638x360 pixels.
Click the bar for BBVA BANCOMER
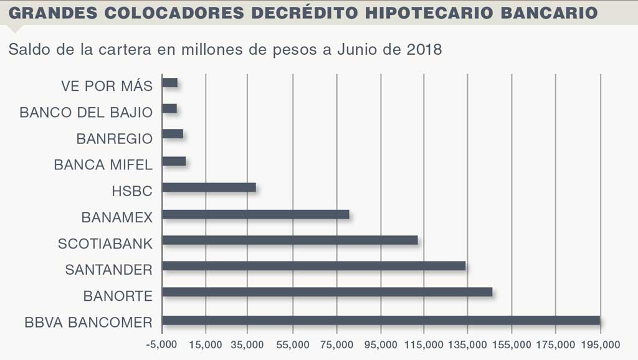click(x=381, y=321)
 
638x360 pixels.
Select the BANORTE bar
click(x=327, y=291)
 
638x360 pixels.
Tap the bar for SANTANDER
click(x=313, y=265)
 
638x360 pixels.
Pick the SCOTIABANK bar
click(x=290, y=240)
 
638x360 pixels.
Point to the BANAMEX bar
click(x=255, y=215)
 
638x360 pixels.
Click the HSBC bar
click(x=209, y=187)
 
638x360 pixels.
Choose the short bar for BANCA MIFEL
click(x=174, y=162)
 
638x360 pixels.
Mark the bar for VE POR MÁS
click(x=169, y=82)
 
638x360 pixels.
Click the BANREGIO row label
click(x=114, y=138)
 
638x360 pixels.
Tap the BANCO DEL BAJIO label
click(x=86, y=112)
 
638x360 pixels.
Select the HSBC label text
click(x=132, y=191)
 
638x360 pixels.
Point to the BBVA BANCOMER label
click(x=88, y=323)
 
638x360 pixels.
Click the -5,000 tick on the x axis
click(x=161, y=344)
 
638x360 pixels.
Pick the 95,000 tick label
click(x=380, y=344)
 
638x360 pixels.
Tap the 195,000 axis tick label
click(x=600, y=344)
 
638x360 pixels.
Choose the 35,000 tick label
click(x=247, y=344)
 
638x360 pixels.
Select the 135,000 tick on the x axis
click(x=468, y=344)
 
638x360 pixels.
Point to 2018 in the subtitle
click(x=424, y=50)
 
